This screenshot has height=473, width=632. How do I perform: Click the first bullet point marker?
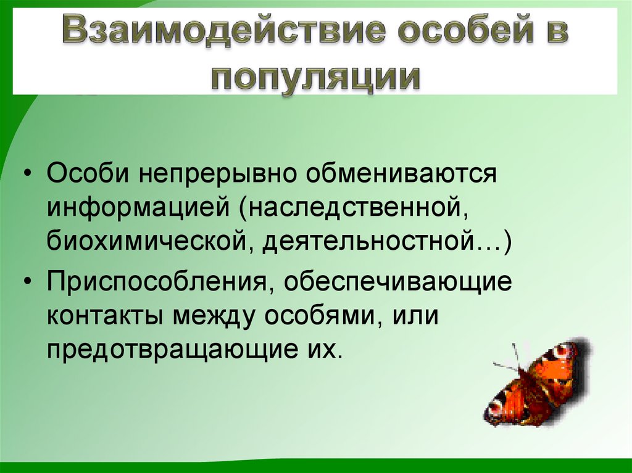point(30,174)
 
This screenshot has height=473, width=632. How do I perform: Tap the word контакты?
point(106,316)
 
